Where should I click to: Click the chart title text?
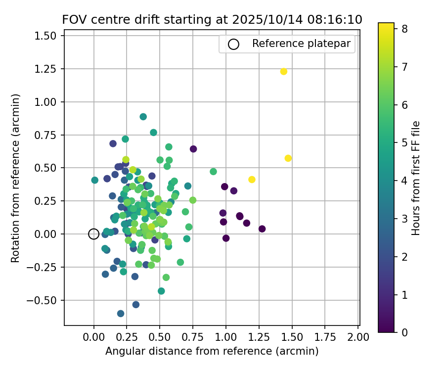pyautogui.click(x=212, y=20)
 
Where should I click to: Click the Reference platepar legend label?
pyautogui.click(x=301, y=44)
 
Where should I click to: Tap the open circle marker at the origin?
pyautogui.click(x=94, y=234)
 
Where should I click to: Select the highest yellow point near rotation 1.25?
pyautogui.click(x=284, y=72)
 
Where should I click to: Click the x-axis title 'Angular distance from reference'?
pyautogui.click(x=212, y=351)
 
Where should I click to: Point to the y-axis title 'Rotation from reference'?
pyautogui.click(x=15, y=178)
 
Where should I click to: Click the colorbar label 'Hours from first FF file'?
pyautogui.click(x=416, y=178)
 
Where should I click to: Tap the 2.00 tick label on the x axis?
pyautogui.click(x=358, y=337)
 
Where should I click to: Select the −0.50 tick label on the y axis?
pyautogui.click(x=46, y=300)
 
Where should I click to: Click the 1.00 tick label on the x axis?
pyautogui.click(x=226, y=337)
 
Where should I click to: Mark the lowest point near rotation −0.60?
pyautogui.click(x=121, y=314)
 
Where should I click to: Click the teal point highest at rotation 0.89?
pyautogui.click(x=143, y=117)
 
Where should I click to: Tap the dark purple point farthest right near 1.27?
pyautogui.click(x=262, y=229)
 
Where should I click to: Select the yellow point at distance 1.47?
pyautogui.click(x=288, y=158)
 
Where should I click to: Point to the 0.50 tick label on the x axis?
pyautogui.click(x=160, y=337)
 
